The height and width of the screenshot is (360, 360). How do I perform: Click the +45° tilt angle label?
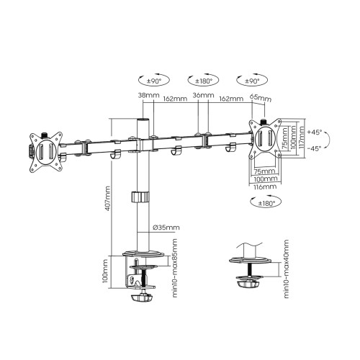pyautogui.click(x=314, y=132)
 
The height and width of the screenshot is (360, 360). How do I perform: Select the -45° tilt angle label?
pyautogui.click(x=314, y=149)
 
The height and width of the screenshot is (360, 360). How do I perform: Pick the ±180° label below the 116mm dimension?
pyautogui.click(x=267, y=203)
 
